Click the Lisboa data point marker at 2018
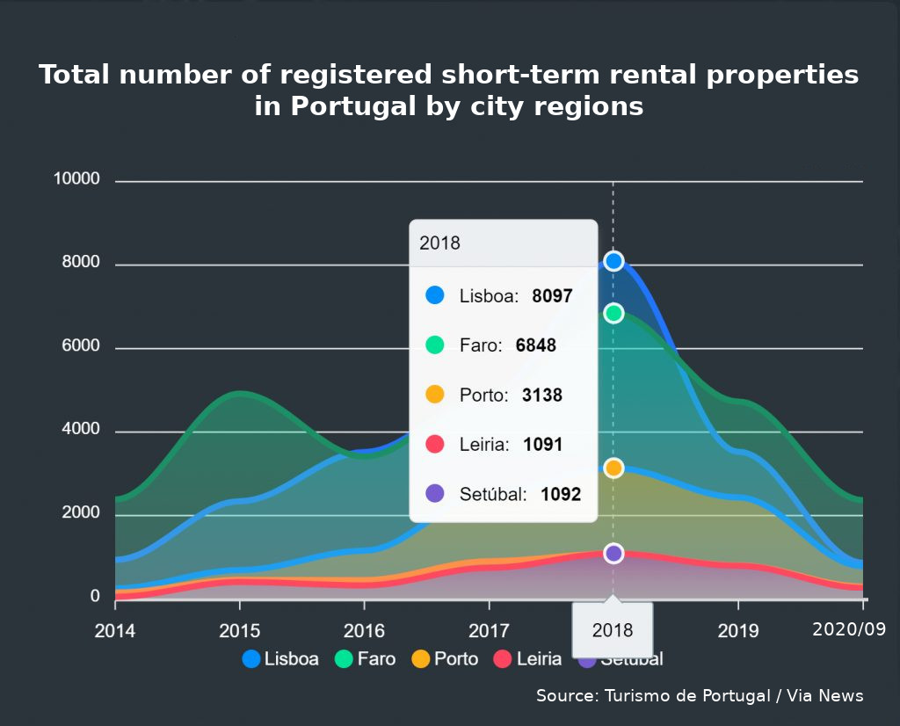pyautogui.click(x=613, y=261)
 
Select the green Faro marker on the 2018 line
pyautogui.click(x=613, y=313)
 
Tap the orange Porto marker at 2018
pyautogui.click(x=613, y=468)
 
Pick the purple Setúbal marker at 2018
pyautogui.click(x=613, y=553)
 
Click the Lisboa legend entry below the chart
pyautogui.click(x=280, y=658)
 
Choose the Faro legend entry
pyautogui.click(x=366, y=658)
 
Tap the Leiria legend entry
pyautogui.click(x=527, y=658)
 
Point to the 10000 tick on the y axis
pyautogui.click(x=76, y=179)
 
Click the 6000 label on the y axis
pyautogui.click(x=81, y=347)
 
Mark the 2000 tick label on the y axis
pyautogui.click(x=81, y=513)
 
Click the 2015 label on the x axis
pyautogui.click(x=239, y=630)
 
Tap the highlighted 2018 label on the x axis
pyautogui.click(x=613, y=630)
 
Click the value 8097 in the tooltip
pyautogui.click(x=552, y=296)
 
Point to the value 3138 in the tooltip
pyautogui.click(x=541, y=396)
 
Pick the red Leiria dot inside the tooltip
pyautogui.click(x=435, y=445)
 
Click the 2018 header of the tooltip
pyautogui.click(x=439, y=243)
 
